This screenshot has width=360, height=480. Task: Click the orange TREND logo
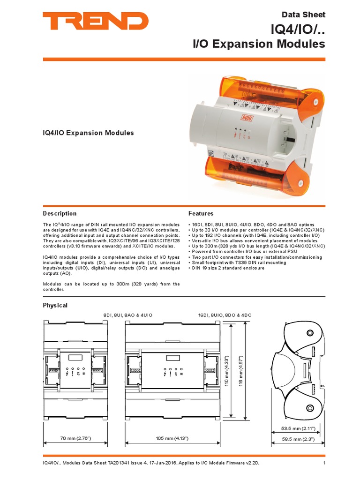[96, 22]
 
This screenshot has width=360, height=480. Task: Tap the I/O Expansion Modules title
[259, 44]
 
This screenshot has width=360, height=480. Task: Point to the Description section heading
[60, 213]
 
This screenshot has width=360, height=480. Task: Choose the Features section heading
[201, 213]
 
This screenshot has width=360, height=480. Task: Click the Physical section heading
[55, 305]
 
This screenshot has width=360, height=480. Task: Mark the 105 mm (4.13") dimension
[172, 438]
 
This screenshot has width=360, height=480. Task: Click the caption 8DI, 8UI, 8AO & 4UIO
[128, 315]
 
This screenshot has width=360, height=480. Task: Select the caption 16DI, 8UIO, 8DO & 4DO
[225, 315]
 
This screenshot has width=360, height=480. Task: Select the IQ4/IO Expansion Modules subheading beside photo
[88, 133]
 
